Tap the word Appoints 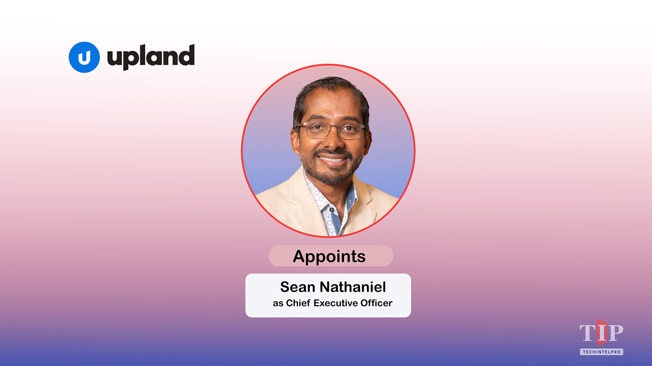pyautogui.click(x=329, y=256)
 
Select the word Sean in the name pyautogui.click(x=298, y=287)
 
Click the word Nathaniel pyautogui.click(x=353, y=287)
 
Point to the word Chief pyautogui.click(x=298, y=303)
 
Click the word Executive pyautogui.click(x=336, y=303)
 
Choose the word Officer pyautogui.click(x=376, y=303)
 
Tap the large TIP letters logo pyautogui.click(x=601, y=333)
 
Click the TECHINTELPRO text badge pyautogui.click(x=601, y=352)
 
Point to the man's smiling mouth pyautogui.click(x=333, y=159)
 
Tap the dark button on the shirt pyautogui.click(x=332, y=210)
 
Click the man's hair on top pyautogui.click(x=331, y=85)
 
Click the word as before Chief pyautogui.click(x=278, y=303)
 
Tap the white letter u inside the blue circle pyautogui.click(x=84, y=57)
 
